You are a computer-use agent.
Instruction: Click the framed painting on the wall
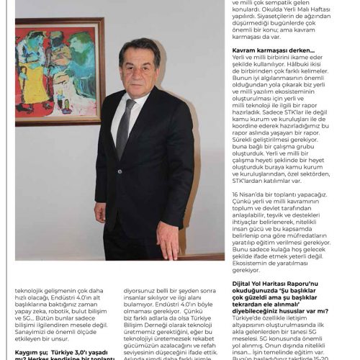tap(60, 71)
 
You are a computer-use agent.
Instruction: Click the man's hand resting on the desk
tap(168, 238)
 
